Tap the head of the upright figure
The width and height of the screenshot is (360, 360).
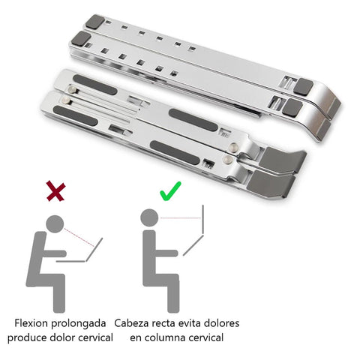(x=150, y=218)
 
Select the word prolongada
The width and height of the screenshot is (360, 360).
(x=85, y=323)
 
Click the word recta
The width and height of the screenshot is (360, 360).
(x=175, y=323)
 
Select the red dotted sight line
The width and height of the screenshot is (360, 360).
(x=79, y=233)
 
